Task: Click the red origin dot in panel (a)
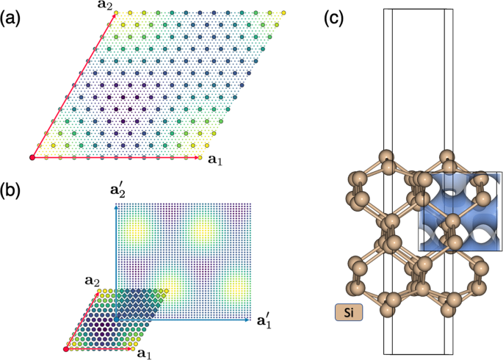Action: pos(32,157)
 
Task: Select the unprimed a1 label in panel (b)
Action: pos(145,355)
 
